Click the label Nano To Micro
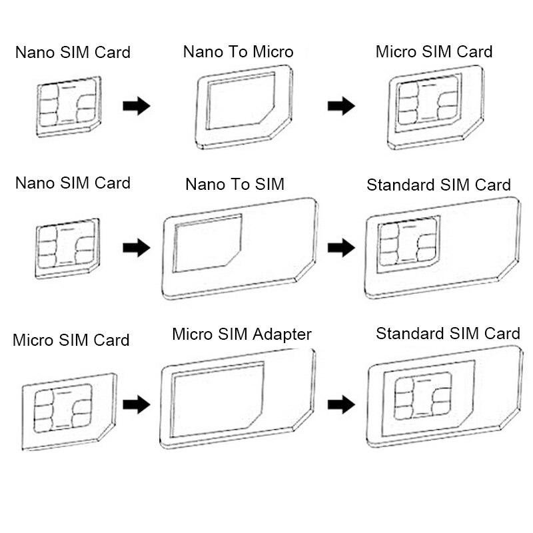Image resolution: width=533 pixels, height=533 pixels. [x=238, y=52]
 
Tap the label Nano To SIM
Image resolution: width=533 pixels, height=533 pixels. [x=235, y=184]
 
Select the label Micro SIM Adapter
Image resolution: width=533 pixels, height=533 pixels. [x=241, y=334]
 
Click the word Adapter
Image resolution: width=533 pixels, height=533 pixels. [x=280, y=334]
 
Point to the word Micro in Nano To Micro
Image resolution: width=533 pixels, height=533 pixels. [x=271, y=52]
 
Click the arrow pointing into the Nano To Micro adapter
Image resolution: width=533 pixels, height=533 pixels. [x=136, y=106]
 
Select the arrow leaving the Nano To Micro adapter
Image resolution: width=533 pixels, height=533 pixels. [x=340, y=106]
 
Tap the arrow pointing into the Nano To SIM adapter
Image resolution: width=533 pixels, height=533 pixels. [x=136, y=249]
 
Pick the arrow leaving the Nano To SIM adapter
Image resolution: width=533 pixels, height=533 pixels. [x=340, y=249]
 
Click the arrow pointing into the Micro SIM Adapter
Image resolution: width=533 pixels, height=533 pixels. [x=136, y=404]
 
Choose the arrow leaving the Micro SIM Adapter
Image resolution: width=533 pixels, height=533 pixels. [x=340, y=404]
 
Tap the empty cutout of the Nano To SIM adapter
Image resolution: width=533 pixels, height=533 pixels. [x=207, y=244]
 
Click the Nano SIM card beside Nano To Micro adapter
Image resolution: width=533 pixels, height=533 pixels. [x=69, y=106]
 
